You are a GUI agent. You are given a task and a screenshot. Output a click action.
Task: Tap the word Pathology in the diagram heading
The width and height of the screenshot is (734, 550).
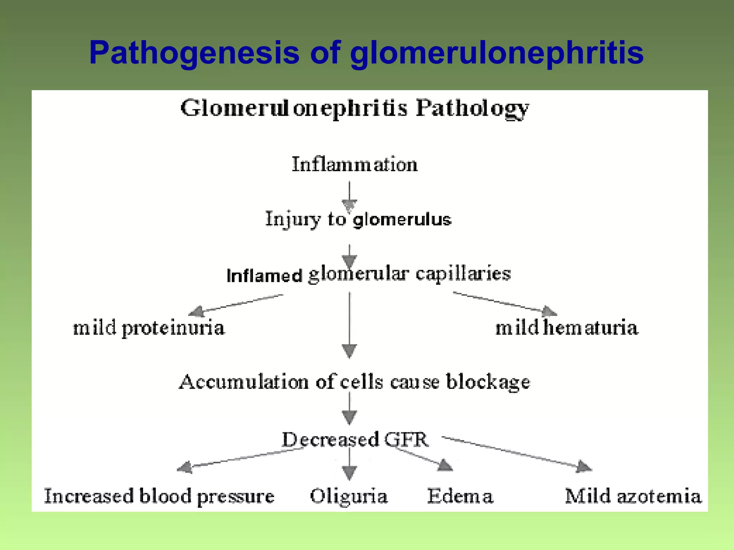(x=472, y=108)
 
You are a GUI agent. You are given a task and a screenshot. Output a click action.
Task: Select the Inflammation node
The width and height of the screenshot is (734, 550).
(x=354, y=165)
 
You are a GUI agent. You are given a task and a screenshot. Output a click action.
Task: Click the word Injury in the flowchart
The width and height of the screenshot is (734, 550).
(x=292, y=219)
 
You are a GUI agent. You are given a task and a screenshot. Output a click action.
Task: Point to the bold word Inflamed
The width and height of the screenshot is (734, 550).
(x=264, y=276)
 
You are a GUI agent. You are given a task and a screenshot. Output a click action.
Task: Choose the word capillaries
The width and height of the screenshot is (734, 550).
(x=463, y=274)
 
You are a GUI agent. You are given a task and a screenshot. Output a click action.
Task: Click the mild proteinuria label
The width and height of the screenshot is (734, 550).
(x=149, y=328)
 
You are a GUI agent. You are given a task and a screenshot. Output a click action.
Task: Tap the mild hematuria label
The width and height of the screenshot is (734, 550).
(x=567, y=328)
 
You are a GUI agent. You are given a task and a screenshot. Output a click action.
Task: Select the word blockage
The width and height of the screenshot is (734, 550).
(x=488, y=382)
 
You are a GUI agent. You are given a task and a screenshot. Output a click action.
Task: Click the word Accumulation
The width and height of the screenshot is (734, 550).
(x=244, y=382)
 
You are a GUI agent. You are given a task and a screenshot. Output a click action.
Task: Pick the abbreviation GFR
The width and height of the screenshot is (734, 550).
(x=406, y=439)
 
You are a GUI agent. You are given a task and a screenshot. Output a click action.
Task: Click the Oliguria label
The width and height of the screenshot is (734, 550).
(x=349, y=497)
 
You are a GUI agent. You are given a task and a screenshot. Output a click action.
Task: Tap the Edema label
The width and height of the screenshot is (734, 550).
(x=460, y=497)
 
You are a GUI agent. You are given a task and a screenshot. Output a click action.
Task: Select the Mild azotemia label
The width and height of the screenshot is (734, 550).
(x=633, y=497)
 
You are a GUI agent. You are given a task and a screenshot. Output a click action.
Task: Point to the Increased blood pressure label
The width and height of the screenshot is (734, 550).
(x=159, y=497)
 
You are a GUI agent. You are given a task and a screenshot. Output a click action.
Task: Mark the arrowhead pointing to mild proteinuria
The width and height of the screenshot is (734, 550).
(x=196, y=311)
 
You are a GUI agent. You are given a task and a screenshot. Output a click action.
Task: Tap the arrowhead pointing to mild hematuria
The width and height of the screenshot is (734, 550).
(x=549, y=311)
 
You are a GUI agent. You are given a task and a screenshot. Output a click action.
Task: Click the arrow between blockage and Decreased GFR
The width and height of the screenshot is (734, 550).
(x=349, y=408)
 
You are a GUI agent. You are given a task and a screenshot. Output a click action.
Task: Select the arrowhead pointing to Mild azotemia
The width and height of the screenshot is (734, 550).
(x=584, y=467)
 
